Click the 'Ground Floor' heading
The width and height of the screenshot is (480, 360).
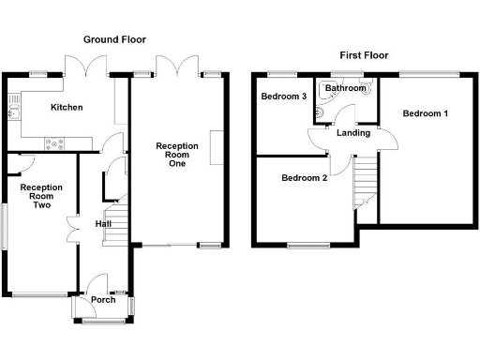(x=115, y=39)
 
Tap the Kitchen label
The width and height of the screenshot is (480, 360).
(x=67, y=108)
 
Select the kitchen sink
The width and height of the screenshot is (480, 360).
(x=14, y=114)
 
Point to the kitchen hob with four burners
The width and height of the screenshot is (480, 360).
(x=52, y=143)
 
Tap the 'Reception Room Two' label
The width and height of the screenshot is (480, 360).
(x=41, y=195)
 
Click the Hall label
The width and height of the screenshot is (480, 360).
(x=103, y=224)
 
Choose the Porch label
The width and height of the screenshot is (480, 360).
(x=103, y=300)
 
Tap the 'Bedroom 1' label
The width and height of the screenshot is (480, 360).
(x=425, y=113)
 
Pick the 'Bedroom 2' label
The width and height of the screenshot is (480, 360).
(x=304, y=177)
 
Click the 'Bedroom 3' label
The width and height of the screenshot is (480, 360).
(x=283, y=97)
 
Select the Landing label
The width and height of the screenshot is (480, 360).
(x=353, y=133)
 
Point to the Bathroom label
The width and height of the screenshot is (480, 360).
(x=347, y=88)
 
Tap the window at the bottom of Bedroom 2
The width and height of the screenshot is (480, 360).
(x=307, y=246)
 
